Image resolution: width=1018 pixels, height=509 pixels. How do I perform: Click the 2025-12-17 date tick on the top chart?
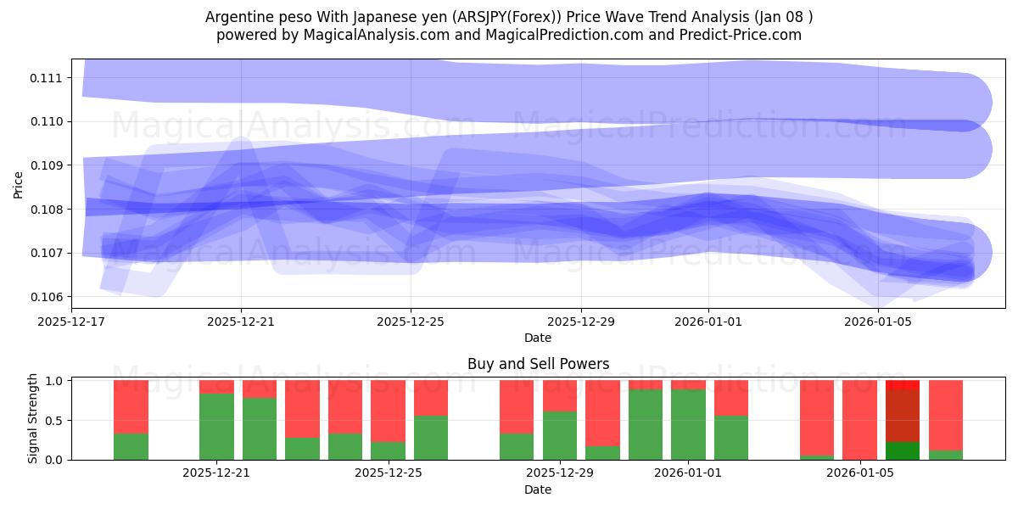point(71,322)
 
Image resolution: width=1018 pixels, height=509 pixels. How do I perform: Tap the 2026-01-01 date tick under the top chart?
point(708,322)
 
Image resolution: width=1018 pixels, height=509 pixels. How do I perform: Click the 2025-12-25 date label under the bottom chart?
point(388,473)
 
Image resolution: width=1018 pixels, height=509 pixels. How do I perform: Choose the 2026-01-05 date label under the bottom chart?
point(860,473)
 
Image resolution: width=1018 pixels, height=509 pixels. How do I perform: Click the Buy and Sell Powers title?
point(538,364)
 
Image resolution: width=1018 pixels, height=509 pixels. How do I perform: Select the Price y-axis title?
point(19,184)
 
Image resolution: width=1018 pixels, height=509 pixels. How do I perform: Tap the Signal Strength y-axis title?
point(32,419)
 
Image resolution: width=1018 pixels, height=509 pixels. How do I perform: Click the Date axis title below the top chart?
point(538,338)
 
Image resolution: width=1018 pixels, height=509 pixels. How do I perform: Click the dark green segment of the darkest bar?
point(903,450)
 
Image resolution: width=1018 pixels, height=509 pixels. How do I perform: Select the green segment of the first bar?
point(131,446)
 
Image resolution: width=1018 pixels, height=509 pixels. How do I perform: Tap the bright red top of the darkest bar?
point(903,385)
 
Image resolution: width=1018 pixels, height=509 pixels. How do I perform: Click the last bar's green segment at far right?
point(946,455)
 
